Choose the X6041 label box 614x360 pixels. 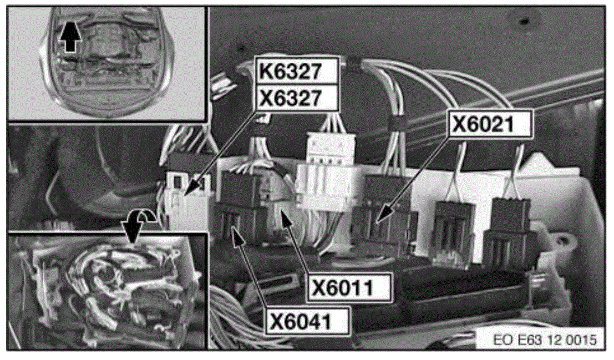pyautogui.click(x=308, y=321)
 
